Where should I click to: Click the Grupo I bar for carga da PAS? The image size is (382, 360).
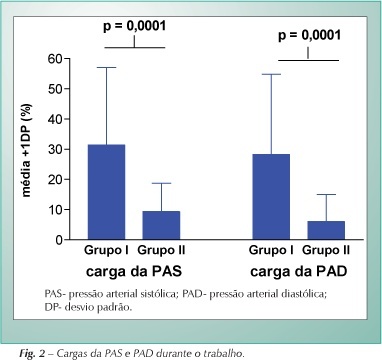[x=106, y=192]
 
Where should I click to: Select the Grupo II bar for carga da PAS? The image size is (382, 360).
[x=161, y=225]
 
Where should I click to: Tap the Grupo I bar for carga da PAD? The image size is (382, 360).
[x=271, y=197]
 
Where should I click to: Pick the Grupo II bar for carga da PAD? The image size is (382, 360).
[x=326, y=230]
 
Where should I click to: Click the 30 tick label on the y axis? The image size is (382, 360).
[x=55, y=149]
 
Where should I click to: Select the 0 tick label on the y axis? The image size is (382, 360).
[x=59, y=240]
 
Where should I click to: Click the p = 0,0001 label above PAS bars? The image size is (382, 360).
[x=134, y=26]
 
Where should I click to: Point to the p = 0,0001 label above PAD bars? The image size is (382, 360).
[x=309, y=35]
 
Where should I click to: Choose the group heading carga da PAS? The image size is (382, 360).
[x=134, y=271]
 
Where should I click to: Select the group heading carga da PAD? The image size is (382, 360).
[x=299, y=271]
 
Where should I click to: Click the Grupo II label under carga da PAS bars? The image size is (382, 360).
[x=161, y=250]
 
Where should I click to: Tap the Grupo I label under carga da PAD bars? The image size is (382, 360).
[x=271, y=250]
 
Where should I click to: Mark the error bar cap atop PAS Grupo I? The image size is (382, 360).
[x=106, y=68]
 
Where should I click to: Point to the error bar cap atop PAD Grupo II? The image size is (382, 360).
[x=326, y=194]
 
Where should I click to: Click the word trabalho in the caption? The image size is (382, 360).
[x=224, y=353]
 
